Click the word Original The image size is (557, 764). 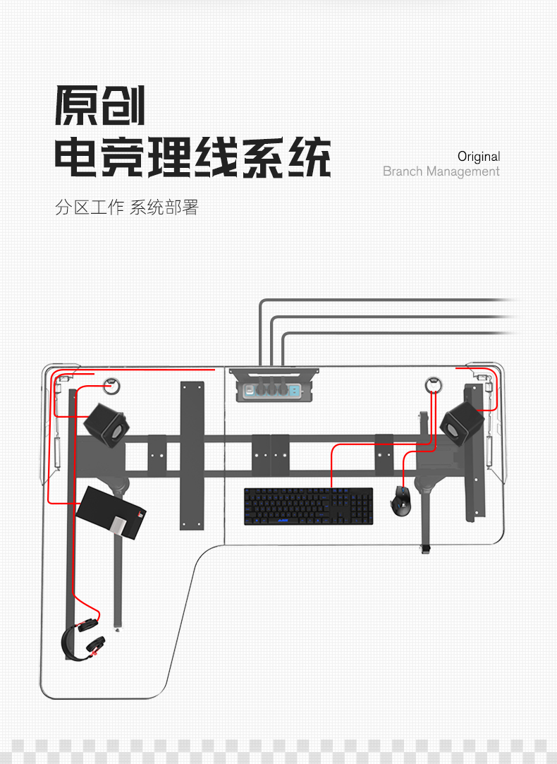[479, 157]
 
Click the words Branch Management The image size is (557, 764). [441, 171]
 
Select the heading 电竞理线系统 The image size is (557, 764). [192, 157]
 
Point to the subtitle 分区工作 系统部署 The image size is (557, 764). [127, 208]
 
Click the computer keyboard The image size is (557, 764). [308, 506]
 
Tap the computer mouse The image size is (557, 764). [402, 499]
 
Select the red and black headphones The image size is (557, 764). [83, 639]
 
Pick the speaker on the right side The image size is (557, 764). [462, 422]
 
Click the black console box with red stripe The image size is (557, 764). [111, 511]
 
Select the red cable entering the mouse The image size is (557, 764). [403, 469]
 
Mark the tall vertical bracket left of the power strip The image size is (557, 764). [192, 455]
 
